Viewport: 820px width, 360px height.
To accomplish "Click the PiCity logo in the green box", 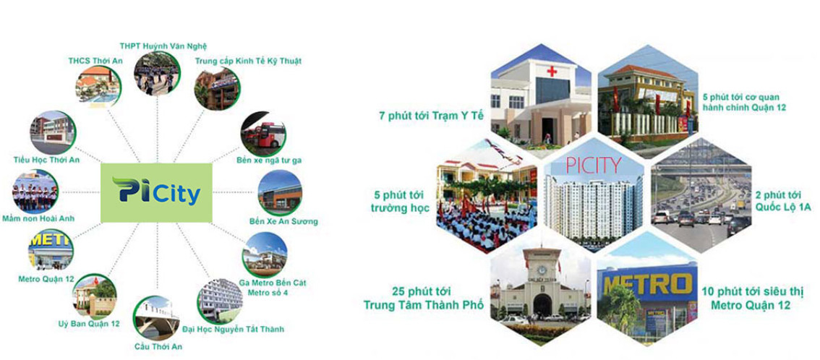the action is click(156, 192).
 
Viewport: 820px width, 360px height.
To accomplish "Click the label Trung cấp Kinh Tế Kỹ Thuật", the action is click(249, 61).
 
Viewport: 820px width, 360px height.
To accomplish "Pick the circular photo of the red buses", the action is click(263, 134).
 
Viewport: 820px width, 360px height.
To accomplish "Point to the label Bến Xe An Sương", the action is click(284, 221).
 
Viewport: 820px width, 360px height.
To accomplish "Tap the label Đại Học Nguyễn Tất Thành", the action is click(234, 329).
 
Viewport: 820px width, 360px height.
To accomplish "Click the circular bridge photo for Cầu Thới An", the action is click(156, 319).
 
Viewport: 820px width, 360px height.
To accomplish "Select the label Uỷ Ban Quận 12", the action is click(89, 324).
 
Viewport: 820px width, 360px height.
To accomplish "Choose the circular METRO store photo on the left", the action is click(51, 249).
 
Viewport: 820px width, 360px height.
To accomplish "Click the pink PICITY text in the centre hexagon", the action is click(594, 165).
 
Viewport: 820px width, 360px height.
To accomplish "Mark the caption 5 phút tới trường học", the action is click(401, 202).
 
